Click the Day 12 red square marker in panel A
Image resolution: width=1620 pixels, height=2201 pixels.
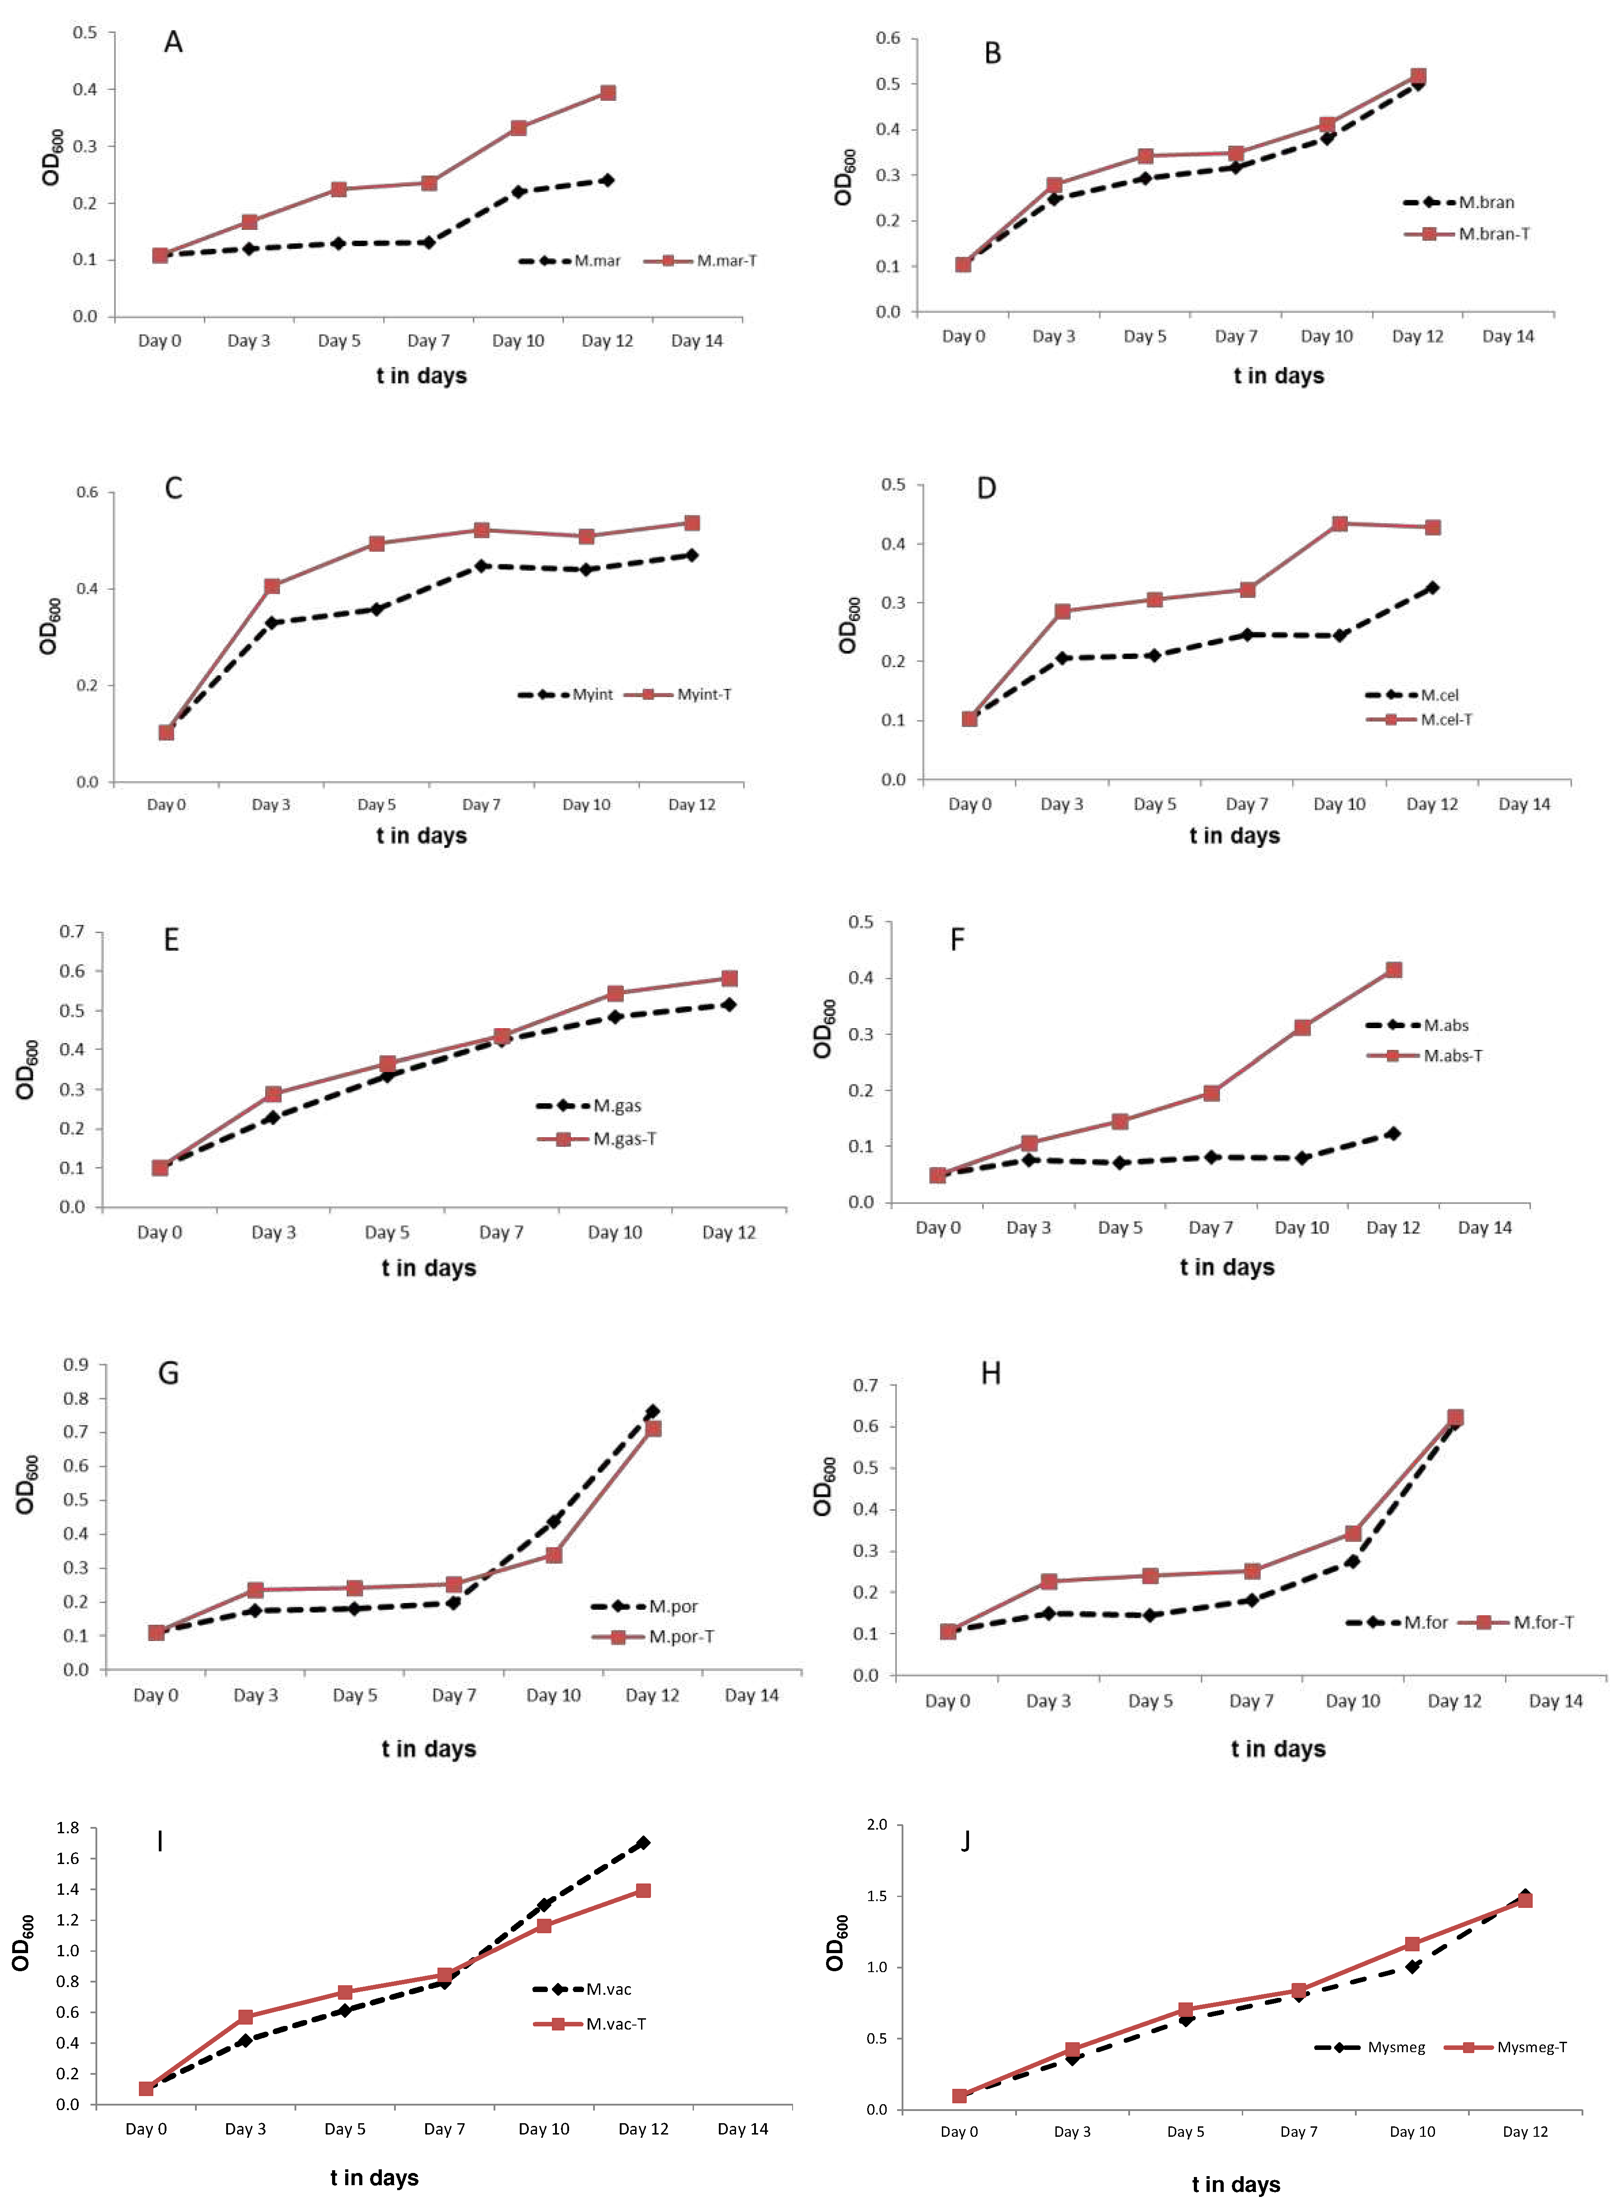[x=608, y=93]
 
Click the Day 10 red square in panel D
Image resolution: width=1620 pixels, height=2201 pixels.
[x=1340, y=523]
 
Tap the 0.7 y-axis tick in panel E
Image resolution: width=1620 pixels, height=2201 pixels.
[x=72, y=931]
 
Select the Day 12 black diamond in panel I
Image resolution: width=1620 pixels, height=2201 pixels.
[x=643, y=1843]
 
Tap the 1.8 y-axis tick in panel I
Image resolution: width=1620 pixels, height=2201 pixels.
[x=68, y=1827]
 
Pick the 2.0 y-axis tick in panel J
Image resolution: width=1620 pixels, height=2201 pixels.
[x=877, y=1825]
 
